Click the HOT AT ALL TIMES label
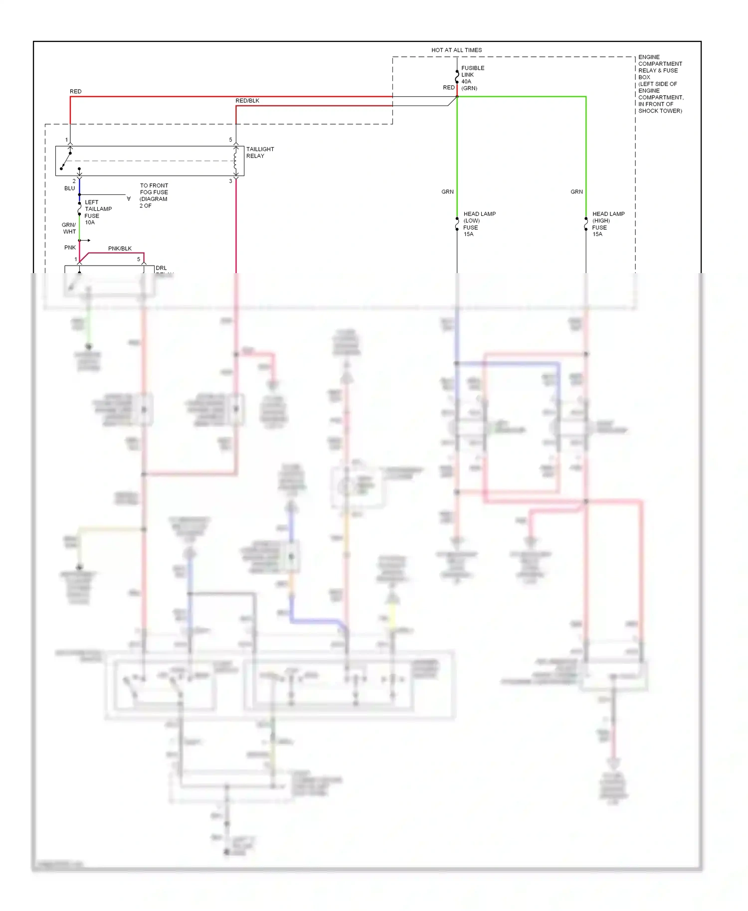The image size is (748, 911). [456, 50]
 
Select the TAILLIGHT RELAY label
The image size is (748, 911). [260, 152]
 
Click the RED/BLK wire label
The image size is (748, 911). [247, 101]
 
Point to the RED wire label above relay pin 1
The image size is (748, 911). [75, 92]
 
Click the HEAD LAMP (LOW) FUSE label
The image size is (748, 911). [479, 224]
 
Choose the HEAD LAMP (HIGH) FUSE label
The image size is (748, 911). [608, 224]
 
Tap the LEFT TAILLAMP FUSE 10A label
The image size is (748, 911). [98, 212]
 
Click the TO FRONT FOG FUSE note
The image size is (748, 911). [154, 195]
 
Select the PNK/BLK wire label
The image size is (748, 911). [120, 249]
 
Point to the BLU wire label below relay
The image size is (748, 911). [69, 188]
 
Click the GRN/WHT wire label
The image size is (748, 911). [69, 228]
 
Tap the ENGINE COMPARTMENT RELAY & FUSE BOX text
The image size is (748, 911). [660, 84]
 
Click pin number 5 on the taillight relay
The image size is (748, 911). [230, 140]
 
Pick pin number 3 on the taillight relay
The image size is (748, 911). [230, 181]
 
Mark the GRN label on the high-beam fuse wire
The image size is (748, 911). [576, 192]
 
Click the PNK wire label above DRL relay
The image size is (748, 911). [70, 248]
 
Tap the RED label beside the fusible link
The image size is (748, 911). [448, 88]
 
